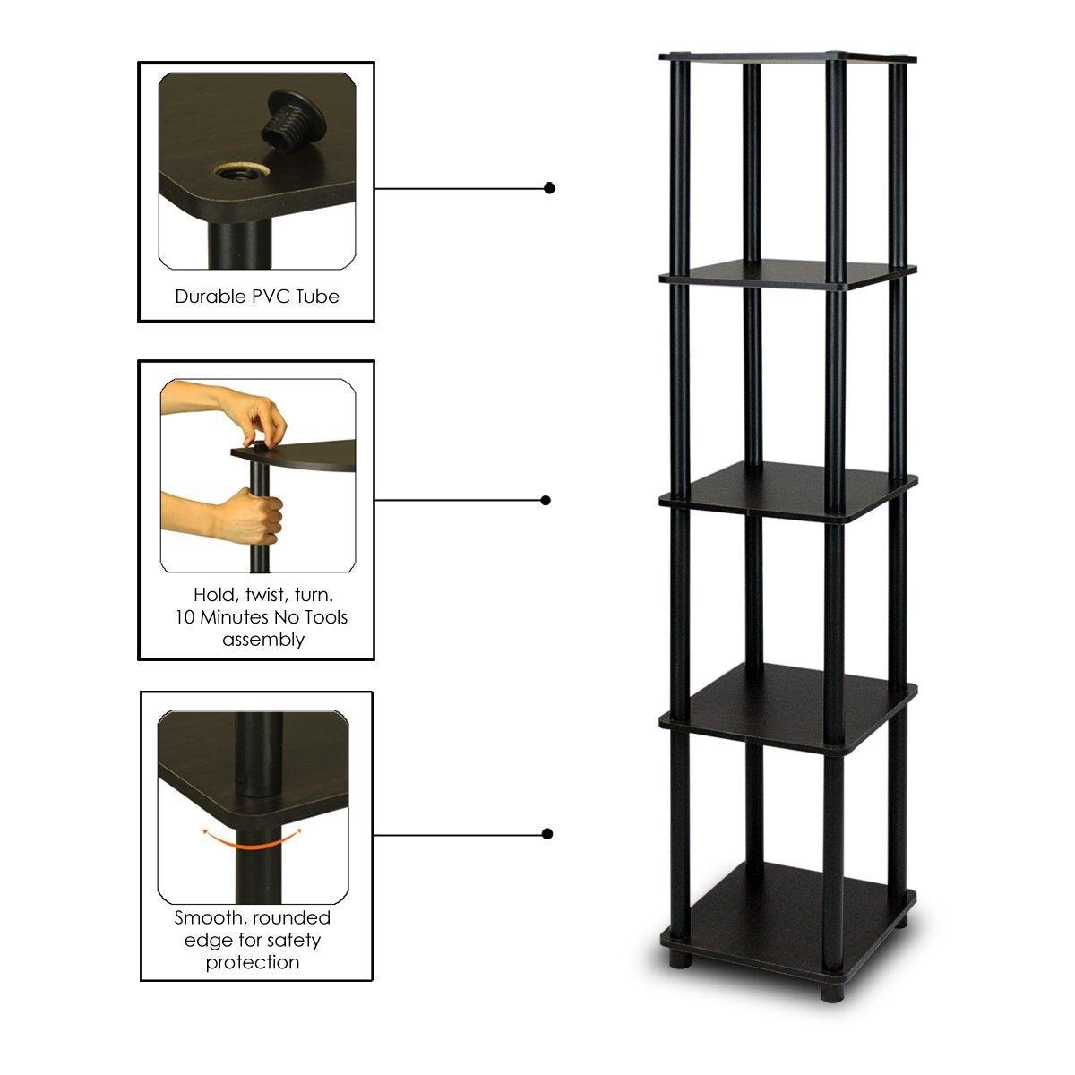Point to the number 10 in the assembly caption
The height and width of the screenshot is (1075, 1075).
(185, 617)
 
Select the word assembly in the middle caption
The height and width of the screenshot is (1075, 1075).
(263, 640)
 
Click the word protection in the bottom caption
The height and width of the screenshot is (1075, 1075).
(253, 963)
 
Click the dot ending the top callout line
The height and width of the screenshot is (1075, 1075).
(549, 188)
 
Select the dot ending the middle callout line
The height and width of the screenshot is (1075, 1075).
(548, 500)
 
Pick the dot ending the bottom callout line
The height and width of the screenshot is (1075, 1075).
(547, 834)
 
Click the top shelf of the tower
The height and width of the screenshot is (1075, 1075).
(788, 60)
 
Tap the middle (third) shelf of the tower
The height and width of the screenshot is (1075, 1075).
(788, 488)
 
